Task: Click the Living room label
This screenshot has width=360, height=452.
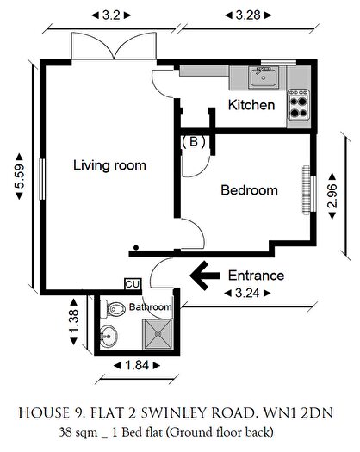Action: [x=109, y=165]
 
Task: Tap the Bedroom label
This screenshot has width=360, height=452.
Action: [x=249, y=190]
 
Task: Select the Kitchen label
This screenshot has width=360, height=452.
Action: [x=251, y=106]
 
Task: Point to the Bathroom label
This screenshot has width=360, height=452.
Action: [x=151, y=307]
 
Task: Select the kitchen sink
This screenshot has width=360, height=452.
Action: [x=262, y=79]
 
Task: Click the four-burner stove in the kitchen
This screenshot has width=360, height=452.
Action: [x=298, y=106]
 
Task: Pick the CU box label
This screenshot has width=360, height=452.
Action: [x=133, y=284]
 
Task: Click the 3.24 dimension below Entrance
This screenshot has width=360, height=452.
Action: [x=250, y=294]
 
